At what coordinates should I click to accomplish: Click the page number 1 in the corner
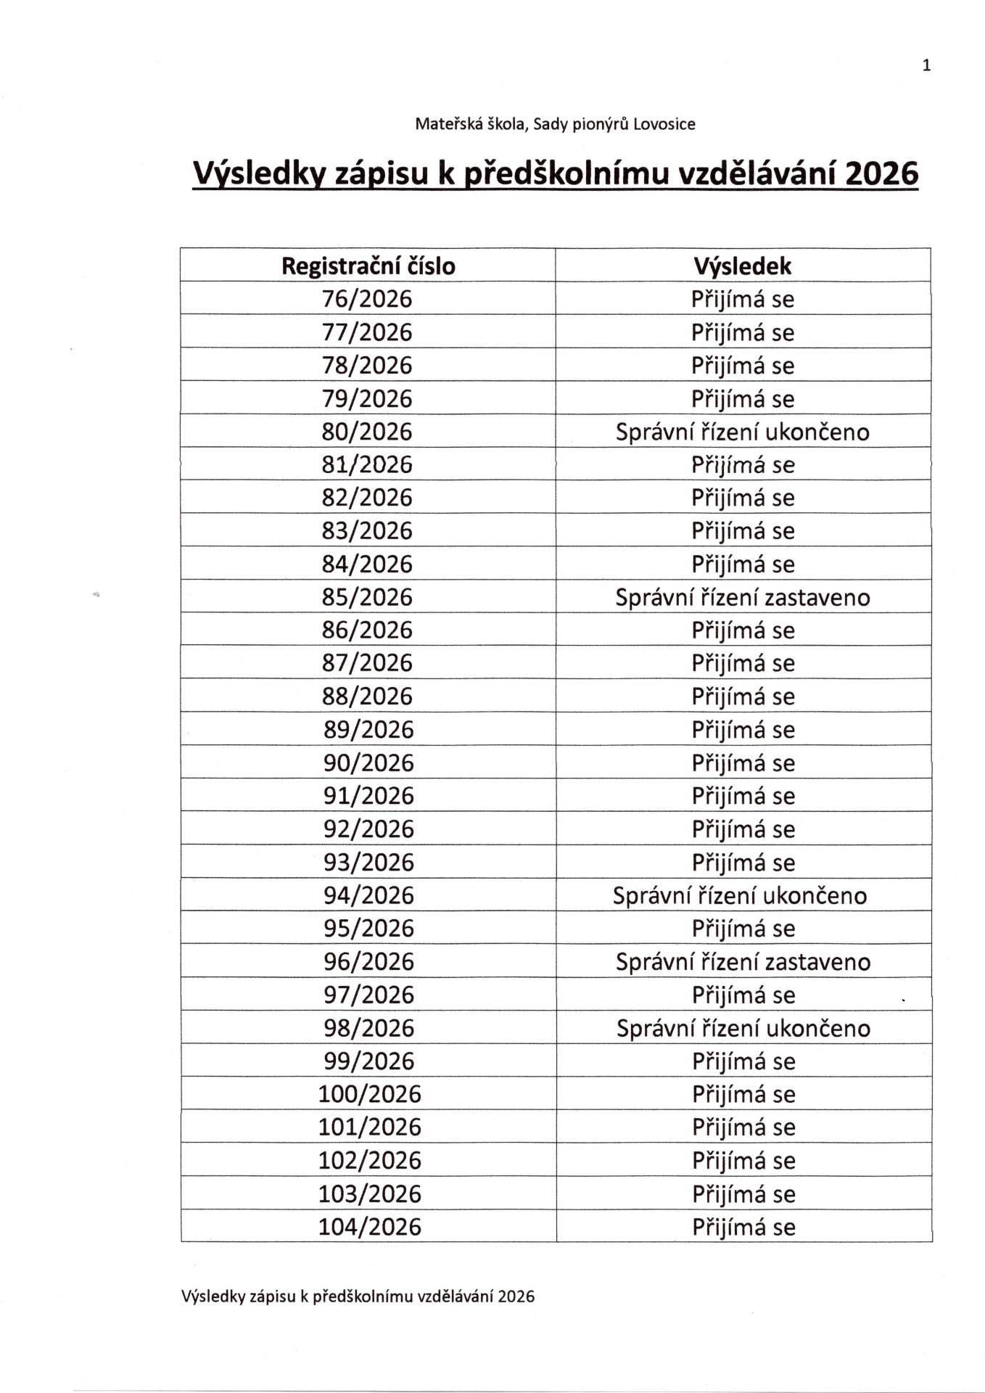tap(926, 66)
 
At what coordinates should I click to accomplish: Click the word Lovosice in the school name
tap(664, 124)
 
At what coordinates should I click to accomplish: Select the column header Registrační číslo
tap(368, 266)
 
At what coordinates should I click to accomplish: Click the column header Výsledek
tap(742, 266)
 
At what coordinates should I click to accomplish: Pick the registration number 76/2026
tap(367, 299)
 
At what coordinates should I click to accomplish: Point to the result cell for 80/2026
tap(742, 432)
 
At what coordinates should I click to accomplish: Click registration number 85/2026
tap(367, 597)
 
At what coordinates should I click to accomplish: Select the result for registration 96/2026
tap(743, 962)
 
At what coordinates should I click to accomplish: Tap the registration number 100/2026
tap(369, 1094)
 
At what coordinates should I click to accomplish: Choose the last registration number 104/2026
tap(369, 1227)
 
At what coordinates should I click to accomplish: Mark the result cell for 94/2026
tap(740, 895)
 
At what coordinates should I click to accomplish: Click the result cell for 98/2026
tap(743, 1028)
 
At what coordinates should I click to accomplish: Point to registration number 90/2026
tap(368, 763)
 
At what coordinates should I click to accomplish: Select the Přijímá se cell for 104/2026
tap(743, 1227)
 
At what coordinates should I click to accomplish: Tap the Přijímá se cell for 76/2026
tap(742, 299)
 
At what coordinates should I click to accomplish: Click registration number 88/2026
tap(367, 696)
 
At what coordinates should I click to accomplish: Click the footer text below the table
tap(358, 1297)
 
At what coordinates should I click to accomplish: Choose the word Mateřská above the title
tap(441, 124)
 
